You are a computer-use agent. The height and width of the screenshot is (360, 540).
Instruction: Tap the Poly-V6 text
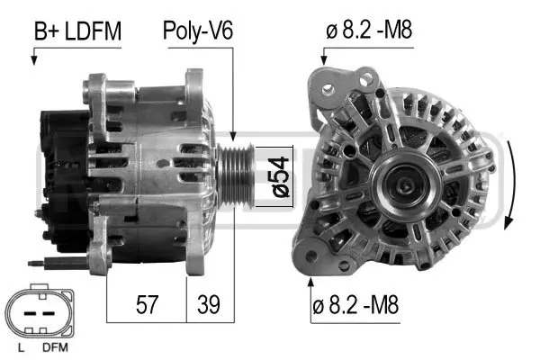[197, 31]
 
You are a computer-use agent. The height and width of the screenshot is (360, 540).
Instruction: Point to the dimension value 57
[147, 304]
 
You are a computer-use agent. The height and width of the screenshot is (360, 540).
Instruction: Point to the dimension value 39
[210, 304]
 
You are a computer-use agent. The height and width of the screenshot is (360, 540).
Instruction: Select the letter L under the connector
[20, 346]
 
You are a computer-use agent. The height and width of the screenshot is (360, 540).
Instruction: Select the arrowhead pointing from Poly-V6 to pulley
[233, 135]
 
